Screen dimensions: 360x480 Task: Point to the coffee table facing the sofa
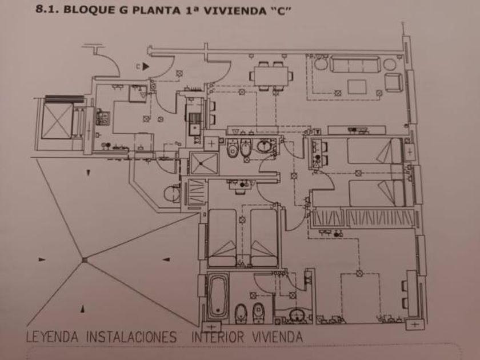click(358, 87)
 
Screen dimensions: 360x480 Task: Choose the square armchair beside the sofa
click(393, 83)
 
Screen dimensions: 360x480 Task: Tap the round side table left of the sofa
click(320, 64)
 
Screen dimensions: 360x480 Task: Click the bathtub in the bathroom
click(218, 297)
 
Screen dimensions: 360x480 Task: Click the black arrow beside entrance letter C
click(146, 66)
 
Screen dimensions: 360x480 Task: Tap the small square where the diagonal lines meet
click(84, 260)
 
